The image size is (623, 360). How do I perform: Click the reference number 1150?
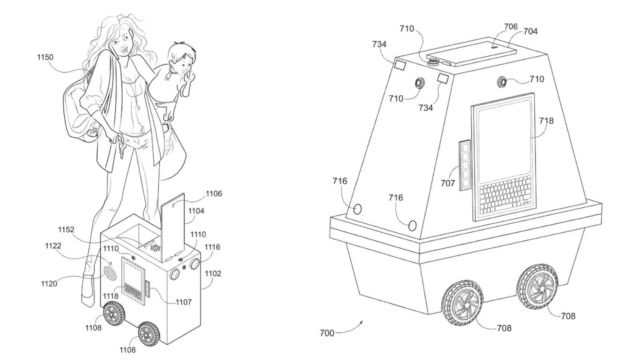click(45, 58)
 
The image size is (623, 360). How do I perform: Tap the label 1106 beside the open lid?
click(213, 193)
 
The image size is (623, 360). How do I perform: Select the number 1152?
click(66, 230)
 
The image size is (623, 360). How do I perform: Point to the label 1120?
click(49, 284)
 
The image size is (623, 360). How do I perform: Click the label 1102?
click(213, 274)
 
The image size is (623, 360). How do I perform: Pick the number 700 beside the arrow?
click(327, 333)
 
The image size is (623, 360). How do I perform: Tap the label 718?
click(546, 121)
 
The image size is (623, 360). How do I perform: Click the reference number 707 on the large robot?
click(448, 183)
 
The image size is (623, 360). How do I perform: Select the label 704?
click(531, 31)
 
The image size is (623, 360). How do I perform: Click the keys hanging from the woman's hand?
click(121, 149)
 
